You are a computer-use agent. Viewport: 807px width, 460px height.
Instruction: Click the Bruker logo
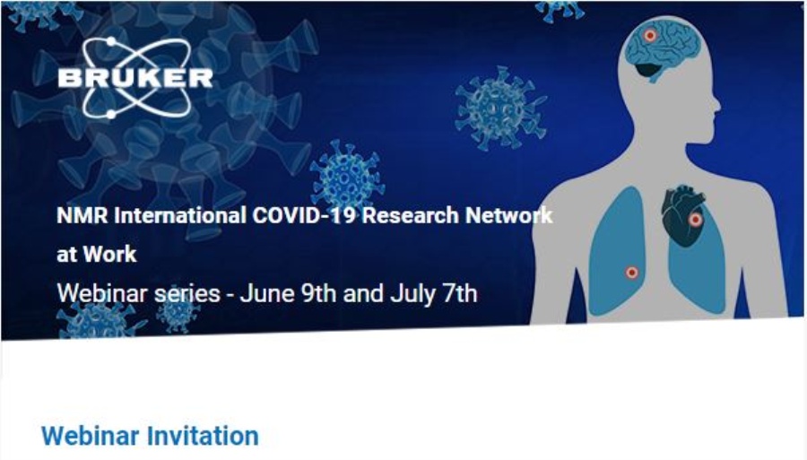[x=135, y=78]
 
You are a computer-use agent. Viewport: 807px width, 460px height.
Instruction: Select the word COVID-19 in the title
[x=304, y=215]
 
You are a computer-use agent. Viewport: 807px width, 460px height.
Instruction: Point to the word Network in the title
[x=509, y=215]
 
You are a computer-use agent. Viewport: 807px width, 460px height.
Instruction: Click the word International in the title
[x=180, y=215]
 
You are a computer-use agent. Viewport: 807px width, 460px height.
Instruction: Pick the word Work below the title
[x=109, y=254]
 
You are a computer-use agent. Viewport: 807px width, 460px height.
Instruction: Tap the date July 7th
[x=433, y=293]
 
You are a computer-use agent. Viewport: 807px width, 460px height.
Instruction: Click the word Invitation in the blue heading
[x=203, y=436]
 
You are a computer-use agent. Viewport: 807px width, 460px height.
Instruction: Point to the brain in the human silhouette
[x=663, y=50]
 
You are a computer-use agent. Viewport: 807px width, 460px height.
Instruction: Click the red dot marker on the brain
[x=650, y=36]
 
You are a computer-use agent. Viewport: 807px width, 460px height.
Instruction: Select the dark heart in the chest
[x=683, y=215]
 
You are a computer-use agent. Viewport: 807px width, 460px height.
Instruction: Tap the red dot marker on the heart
[x=695, y=221]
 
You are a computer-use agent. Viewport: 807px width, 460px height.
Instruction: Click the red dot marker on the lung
[x=631, y=273]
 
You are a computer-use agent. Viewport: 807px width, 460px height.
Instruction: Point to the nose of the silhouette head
[x=716, y=100]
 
